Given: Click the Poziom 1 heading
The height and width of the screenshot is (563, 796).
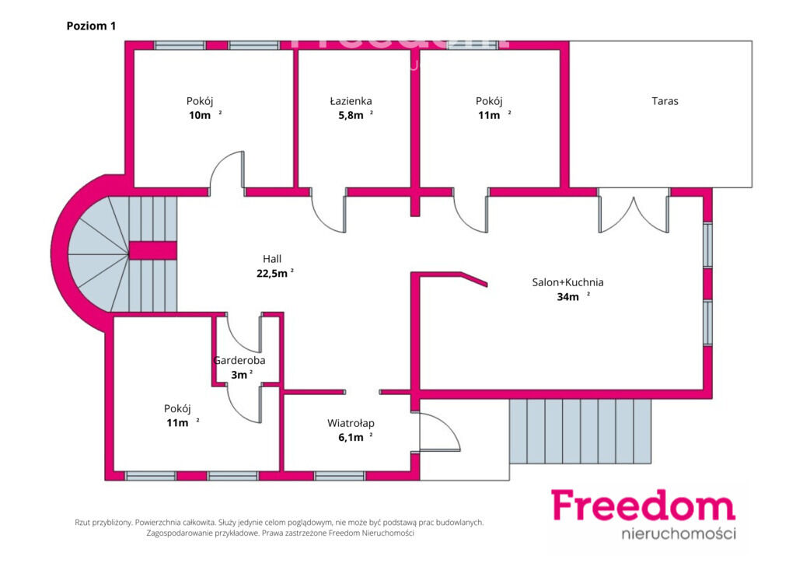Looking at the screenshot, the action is click(92, 26).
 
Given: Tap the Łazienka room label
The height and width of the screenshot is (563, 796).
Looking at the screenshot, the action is click(351, 101).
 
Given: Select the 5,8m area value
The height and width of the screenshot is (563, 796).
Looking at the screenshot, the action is click(351, 115).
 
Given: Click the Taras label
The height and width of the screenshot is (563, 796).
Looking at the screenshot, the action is click(665, 101).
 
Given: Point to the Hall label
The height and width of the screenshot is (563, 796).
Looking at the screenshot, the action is click(272, 259).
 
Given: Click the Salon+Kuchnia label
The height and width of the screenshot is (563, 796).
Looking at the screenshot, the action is click(567, 282).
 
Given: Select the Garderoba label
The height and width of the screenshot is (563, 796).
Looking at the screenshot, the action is click(239, 361).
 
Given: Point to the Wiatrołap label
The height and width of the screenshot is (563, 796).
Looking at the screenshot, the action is click(351, 423).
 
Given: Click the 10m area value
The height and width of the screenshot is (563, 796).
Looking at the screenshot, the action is click(200, 115).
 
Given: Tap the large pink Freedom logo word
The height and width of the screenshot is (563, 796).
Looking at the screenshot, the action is click(643, 505).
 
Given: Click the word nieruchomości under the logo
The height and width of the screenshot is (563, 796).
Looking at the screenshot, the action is click(679, 533).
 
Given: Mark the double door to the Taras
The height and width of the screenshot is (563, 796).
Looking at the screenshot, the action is click(634, 211).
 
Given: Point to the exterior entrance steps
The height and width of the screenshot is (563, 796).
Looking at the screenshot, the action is click(580, 432).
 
